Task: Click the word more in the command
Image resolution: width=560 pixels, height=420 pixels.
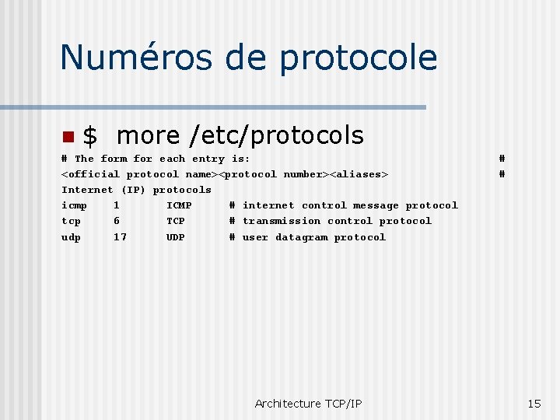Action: pos(148,136)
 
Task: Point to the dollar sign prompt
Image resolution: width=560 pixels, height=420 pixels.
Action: pos(90,136)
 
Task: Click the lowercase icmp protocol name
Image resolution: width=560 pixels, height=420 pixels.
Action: pos(74,205)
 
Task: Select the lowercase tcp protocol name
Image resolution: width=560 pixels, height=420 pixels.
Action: pos(71,221)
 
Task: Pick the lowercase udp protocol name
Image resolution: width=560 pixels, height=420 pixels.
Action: pos(71,237)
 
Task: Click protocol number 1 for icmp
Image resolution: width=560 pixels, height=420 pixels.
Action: pos(116,205)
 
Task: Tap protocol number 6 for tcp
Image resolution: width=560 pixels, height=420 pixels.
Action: pos(116,221)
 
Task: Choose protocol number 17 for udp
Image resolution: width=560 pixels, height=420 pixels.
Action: pos(120,237)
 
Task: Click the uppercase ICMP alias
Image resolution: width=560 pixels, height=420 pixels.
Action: pos(179,205)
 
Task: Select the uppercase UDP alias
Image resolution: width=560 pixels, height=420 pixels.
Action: pos(176,237)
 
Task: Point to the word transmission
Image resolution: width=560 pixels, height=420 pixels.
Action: pos(281,221)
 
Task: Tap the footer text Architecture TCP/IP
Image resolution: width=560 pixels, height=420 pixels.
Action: pos(308,403)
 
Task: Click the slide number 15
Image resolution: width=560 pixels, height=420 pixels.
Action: pos(534,403)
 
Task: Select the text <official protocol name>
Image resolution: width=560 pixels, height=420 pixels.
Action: pos(142,174)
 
